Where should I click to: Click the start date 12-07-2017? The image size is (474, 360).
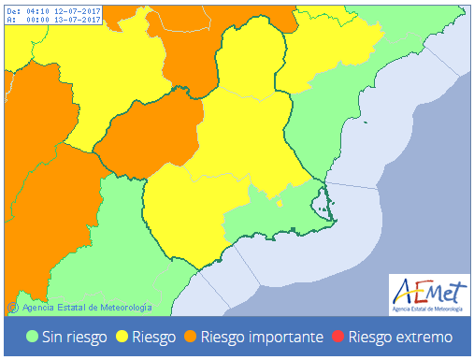coord(79,11)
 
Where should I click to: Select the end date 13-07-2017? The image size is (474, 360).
coord(79,21)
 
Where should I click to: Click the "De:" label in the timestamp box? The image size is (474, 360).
coord(13,11)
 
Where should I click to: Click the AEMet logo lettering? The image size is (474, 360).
coord(426,288)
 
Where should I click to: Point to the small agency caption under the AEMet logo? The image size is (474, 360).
coord(426,306)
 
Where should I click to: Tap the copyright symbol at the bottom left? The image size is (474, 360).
coord(12,306)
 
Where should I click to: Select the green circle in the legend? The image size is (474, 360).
coord(32,337)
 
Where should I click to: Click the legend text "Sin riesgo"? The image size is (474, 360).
coord(74,337)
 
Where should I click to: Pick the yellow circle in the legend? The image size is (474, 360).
coord(122,337)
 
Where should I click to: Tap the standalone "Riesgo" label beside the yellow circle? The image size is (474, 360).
coord(153,337)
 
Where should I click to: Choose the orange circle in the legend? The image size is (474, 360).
coord(190,337)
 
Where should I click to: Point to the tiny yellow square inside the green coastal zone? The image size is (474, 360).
coord(281,202)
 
